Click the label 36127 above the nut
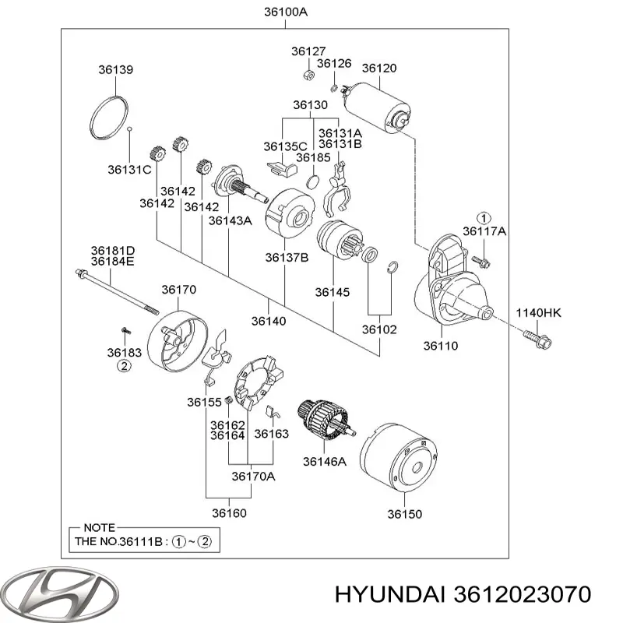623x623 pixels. coord(304,52)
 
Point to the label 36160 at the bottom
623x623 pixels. coord(230,513)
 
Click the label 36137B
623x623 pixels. coord(286,257)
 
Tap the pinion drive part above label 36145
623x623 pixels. coord(337,241)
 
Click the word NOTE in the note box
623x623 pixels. coord(97,527)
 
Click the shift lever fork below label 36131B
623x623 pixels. coord(338,187)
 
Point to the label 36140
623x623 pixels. coord(268,320)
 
